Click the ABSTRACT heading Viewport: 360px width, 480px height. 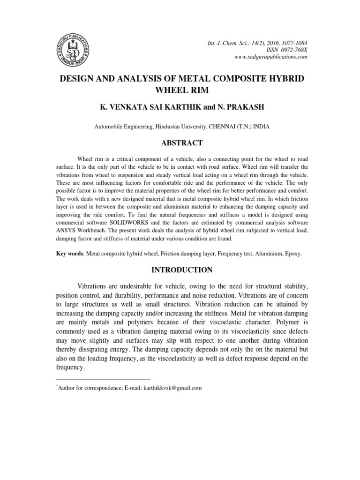point(180,143)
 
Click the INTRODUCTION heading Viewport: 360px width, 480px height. point(180,270)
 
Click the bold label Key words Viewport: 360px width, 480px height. point(70,254)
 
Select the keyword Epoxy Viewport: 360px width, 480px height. point(293,254)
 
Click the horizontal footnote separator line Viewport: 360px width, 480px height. point(103,378)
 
